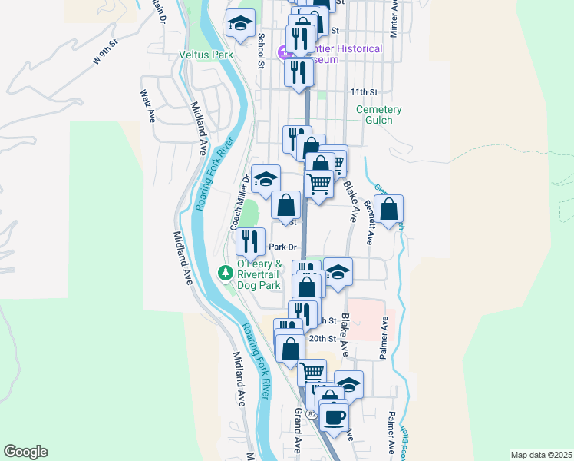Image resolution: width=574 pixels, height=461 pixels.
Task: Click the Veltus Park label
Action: click(x=206, y=55)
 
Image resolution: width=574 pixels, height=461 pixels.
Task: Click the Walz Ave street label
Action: click(x=147, y=105)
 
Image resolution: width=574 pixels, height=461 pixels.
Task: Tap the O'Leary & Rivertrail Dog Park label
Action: click(x=262, y=274)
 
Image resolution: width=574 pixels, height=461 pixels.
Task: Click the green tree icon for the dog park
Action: click(x=225, y=273)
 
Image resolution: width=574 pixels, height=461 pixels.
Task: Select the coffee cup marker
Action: click(x=333, y=416)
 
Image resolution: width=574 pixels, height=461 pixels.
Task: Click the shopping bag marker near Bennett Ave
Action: click(x=389, y=209)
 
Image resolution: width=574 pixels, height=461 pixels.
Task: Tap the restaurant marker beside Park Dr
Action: click(x=250, y=242)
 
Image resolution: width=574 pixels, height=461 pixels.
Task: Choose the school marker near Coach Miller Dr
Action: click(x=266, y=179)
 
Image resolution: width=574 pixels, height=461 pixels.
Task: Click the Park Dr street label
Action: click(x=283, y=247)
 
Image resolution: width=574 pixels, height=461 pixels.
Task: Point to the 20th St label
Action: click(x=322, y=338)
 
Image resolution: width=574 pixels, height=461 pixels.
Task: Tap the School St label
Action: click(x=261, y=51)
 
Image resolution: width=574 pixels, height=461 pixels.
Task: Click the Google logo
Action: click(x=25, y=452)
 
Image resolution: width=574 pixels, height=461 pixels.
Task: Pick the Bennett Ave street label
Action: click(x=368, y=222)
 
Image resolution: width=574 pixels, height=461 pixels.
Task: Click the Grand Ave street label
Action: click(x=298, y=430)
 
